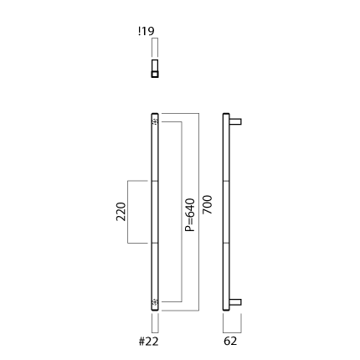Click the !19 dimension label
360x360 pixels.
pyautogui.click(x=147, y=31)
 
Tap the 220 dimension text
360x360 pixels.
pyautogui.click(x=121, y=212)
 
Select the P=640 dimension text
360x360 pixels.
pyautogui.click(x=190, y=215)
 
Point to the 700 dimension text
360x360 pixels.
pyautogui.click(x=207, y=205)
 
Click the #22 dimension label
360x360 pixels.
pyautogui.click(x=149, y=342)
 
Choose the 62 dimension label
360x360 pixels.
pyautogui.click(x=230, y=341)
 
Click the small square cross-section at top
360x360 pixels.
pyautogui.click(x=155, y=75)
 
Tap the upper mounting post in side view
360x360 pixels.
pyautogui.click(x=235, y=121)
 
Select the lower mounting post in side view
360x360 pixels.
pyautogui.click(x=235, y=302)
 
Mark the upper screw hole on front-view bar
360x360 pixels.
pyautogui.click(x=155, y=121)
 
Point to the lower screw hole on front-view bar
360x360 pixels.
pyautogui.click(x=155, y=302)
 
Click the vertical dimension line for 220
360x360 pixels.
pyautogui.click(x=128, y=212)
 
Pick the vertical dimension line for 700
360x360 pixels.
pyautogui.click(x=198, y=212)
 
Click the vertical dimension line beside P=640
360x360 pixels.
pyautogui.click(x=182, y=212)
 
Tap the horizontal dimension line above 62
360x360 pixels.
pyautogui.click(x=232, y=332)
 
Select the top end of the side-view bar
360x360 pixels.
pyautogui.click(x=226, y=114)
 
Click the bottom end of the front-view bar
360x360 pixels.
pyautogui.click(x=155, y=310)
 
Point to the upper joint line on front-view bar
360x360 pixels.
pyautogui.click(x=155, y=181)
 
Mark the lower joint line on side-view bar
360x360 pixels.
pyautogui.click(x=226, y=243)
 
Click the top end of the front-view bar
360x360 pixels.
pyautogui.click(x=155, y=114)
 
